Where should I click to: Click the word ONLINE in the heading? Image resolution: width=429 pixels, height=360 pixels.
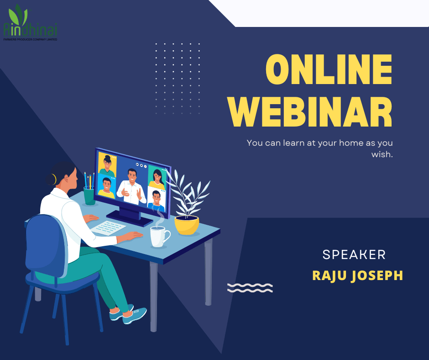[x=329, y=69]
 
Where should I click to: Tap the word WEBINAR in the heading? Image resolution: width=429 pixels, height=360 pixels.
[x=310, y=111]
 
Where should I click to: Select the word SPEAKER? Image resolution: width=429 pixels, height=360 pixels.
[x=354, y=255]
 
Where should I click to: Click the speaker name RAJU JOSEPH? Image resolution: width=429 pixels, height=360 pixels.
[x=358, y=275]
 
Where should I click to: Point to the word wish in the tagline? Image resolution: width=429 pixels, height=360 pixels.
[x=382, y=154]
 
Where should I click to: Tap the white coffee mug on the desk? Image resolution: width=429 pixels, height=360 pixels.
[x=160, y=237]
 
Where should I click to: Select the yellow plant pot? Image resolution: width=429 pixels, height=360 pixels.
[x=187, y=225]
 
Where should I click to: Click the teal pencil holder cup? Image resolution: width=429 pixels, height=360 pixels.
[x=89, y=196]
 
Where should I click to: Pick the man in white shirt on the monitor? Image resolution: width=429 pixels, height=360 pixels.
[x=131, y=187]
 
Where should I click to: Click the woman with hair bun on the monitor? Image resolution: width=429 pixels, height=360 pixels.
[x=107, y=165]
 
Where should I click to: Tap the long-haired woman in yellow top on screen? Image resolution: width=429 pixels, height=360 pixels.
[x=157, y=180]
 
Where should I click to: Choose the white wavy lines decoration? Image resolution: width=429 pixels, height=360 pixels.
[x=250, y=288]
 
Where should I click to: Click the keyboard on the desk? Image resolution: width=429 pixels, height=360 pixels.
[x=108, y=228]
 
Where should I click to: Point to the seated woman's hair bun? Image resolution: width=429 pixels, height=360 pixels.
[x=51, y=180]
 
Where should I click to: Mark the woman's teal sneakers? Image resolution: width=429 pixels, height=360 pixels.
[x=128, y=314]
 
